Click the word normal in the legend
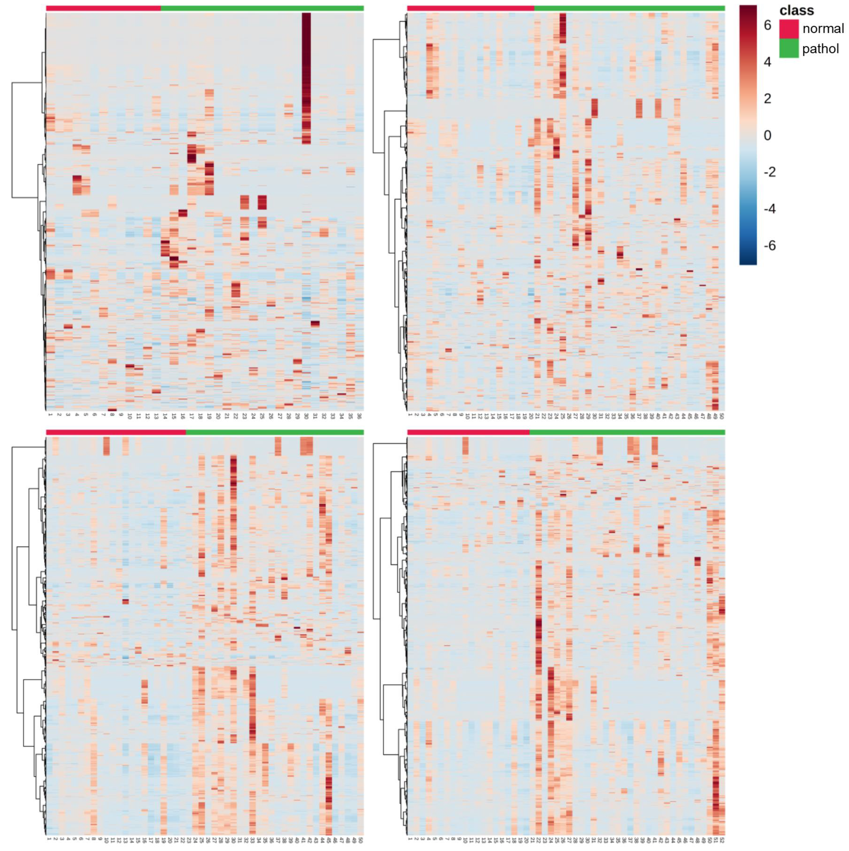[x=823, y=29]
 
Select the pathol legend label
[x=820, y=49]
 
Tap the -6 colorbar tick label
[x=769, y=245]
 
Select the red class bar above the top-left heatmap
[x=103, y=8]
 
